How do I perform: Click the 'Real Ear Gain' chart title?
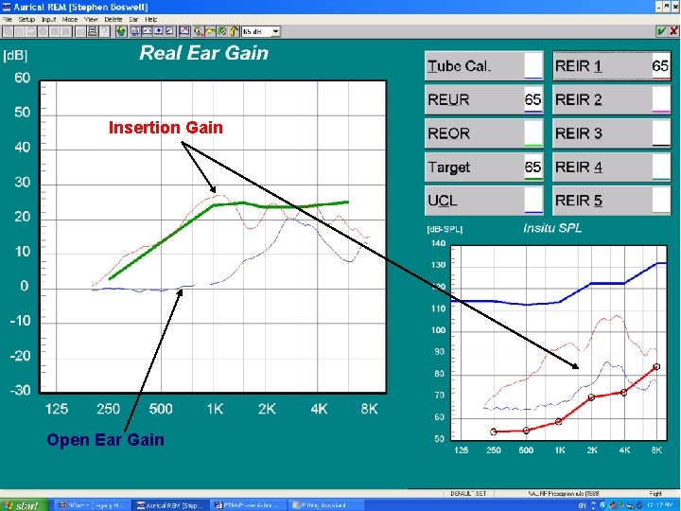tap(204, 53)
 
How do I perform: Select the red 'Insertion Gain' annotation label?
tap(166, 127)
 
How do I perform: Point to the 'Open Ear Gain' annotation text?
tap(105, 439)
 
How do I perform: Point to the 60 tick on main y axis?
tap(22, 77)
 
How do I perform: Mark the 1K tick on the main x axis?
tap(216, 409)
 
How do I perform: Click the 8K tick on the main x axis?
tap(369, 409)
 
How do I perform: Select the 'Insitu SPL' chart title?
tap(552, 228)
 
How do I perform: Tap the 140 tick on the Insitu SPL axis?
tap(439, 243)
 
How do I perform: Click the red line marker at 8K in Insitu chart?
tap(656, 366)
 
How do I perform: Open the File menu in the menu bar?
tap(8, 19)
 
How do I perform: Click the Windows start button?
tap(23, 505)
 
